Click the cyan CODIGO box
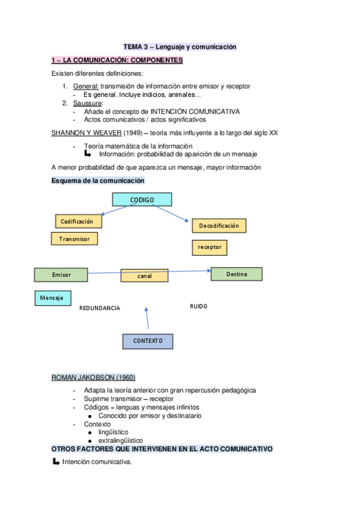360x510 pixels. [142, 200]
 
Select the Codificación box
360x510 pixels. [78, 221]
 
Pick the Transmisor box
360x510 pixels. [75, 239]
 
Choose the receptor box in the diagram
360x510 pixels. [209, 247]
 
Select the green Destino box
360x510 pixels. [236, 274]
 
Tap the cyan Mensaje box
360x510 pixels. [52, 298]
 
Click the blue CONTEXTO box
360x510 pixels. [148, 341]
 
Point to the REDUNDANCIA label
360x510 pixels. [100, 308]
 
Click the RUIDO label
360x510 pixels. [198, 306]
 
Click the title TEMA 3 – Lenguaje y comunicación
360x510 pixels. [180, 46]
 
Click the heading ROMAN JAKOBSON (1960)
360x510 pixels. [93, 377]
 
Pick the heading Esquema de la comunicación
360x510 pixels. [98, 180]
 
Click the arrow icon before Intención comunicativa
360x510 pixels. [56, 462]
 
